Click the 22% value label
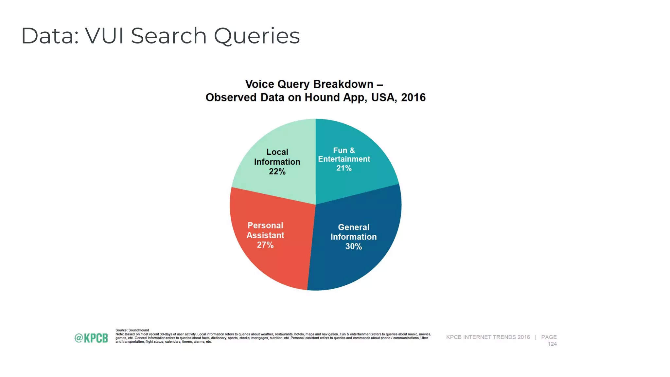(277, 171)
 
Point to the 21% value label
(344, 168)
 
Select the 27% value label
(265, 245)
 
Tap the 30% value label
(353, 246)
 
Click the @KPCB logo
(91, 338)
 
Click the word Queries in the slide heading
(257, 36)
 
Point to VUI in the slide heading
(104, 36)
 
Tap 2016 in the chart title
(413, 98)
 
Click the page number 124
(552, 344)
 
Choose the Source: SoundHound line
(132, 330)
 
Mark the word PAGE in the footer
(549, 337)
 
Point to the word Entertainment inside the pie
(344, 159)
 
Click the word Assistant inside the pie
(265, 235)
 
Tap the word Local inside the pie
(277, 152)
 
